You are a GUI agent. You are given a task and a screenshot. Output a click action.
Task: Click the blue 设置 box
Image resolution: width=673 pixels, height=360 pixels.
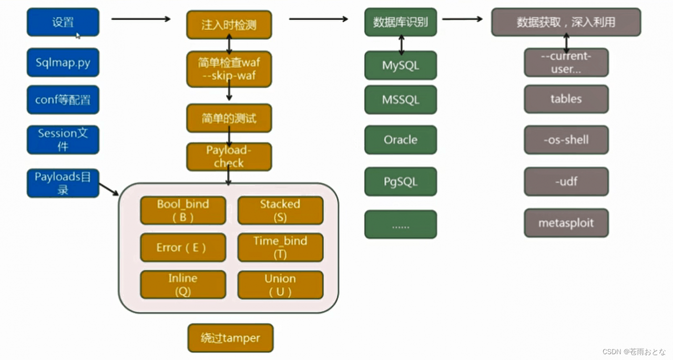pyautogui.click(x=63, y=22)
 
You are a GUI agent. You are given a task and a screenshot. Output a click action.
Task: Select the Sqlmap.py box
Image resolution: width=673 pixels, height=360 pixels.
pyautogui.click(x=63, y=63)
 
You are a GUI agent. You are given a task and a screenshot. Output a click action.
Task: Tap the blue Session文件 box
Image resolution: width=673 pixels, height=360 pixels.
pyautogui.click(x=63, y=140)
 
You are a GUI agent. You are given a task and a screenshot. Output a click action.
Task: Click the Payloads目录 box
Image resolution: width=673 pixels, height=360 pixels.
pyautogui.click(x=63, y=183)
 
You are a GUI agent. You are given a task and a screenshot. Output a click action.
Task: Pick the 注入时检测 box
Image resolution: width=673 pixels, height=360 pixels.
pyautogui.click(x=229, y=25)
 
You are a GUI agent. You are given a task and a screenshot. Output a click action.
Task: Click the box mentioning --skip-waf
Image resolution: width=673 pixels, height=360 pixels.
pyautogui.click(x=229, y=69)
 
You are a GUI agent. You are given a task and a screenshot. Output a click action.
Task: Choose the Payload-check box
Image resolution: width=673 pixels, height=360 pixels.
pyautogui.click(x=229, y=157)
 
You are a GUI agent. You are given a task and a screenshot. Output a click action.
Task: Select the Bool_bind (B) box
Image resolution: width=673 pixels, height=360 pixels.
pyautogui.click(x=182, y=210)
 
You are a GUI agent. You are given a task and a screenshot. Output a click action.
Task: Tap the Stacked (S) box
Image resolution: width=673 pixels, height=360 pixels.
pyautogui.click(x=280, y=210)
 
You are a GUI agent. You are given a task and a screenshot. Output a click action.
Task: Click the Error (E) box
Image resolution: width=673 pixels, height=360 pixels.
pyautogui.click(x=182, y=248)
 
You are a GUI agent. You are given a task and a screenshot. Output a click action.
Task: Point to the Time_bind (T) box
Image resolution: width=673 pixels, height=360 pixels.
pyautogui.click(x=280, y=248)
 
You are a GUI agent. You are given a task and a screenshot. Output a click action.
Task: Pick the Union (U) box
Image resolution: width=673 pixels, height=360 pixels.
pyautogui.click(x=280, y=285)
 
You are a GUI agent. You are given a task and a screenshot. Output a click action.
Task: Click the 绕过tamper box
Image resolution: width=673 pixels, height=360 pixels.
pyautogui.click(x=230, y=338)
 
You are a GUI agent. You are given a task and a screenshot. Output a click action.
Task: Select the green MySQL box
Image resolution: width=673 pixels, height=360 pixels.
pyautogui.click(x=400, y=66)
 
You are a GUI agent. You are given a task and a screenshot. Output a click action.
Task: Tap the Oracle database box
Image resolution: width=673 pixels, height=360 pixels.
pyautogui.click(x=400, y=140)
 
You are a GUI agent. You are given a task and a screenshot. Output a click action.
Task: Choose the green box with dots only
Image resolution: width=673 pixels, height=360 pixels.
pyautogui.click(x=400, y=225)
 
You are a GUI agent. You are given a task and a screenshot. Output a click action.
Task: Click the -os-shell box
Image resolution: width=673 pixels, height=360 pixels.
pyautogui.click(x=566, y=140)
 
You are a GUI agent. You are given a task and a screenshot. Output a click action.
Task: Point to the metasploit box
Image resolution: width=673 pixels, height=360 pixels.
pyautogui.click(x=566, y=223)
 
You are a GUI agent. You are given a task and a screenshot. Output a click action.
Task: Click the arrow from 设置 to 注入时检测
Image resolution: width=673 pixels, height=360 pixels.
pyautogui.click(x=141, y=19)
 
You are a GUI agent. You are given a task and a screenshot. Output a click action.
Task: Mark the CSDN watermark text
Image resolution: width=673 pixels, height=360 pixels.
pyautogui.click(x=634, y=352)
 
